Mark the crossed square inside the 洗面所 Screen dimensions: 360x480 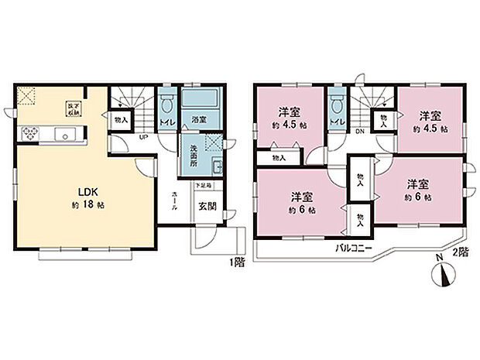pyautogui.click(x=212, y=145)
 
